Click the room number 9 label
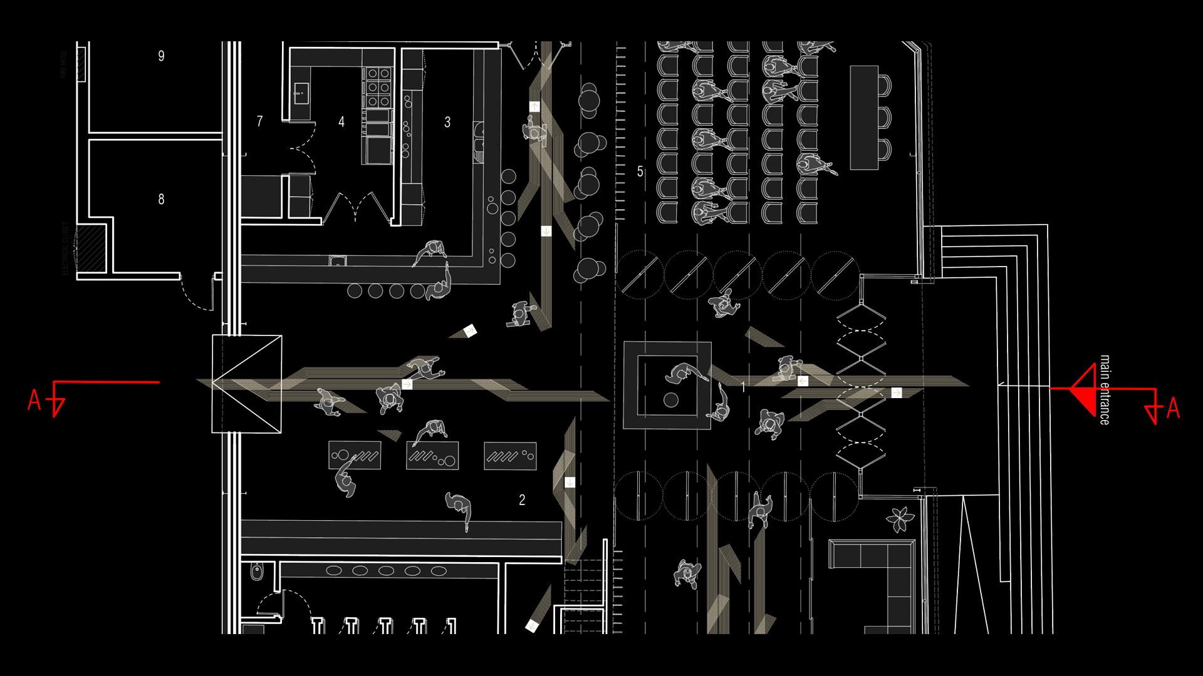coord(161,56)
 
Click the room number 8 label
coord(161,199)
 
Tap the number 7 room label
coord(259,121)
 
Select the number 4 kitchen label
coord(341,122)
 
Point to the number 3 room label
coord(447,122)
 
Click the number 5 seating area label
coord(640,172)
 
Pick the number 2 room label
coord(522,499)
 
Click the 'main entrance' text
coord(1105,390)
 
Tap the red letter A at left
coord(34,401)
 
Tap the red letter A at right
coord(1173,408)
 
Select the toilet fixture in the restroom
coord(257,571)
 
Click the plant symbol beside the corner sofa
coord(900,519)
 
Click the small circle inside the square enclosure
coord(671,399)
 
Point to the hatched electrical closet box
coord(90,248)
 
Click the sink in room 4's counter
coord(301,94)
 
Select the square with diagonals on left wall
coord(247,384)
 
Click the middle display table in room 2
coord(432,456)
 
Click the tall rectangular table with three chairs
coord(864,117)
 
